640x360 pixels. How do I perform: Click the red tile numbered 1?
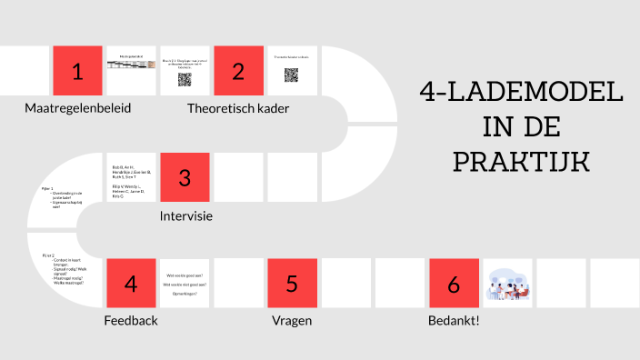(77, 71)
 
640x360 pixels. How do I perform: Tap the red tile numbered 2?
(238, 71)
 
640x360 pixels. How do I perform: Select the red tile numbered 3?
(185, 177)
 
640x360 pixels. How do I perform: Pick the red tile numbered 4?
(131, 283)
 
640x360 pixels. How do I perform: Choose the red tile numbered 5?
(292, 283)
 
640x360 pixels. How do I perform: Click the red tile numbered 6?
(453, 283)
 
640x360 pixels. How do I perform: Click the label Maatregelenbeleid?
(77, 108)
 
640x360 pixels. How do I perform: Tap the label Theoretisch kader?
(238, 108)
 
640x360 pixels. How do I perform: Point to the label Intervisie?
(185, 215)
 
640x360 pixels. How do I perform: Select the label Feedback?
(131, 321)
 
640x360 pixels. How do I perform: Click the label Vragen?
(292, 321)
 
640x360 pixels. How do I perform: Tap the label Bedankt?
(453, 321)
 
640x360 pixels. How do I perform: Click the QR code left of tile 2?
(185, 79)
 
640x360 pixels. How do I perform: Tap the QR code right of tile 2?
(292, 75)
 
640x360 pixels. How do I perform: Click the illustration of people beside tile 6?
(506, 284)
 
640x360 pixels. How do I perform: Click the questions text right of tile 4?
(185, 284)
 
